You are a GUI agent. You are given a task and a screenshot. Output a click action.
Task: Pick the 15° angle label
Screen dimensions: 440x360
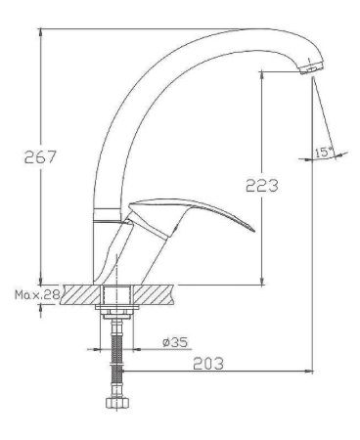tap(324, 151)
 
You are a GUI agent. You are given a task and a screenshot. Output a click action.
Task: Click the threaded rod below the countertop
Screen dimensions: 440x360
tap(115, 362)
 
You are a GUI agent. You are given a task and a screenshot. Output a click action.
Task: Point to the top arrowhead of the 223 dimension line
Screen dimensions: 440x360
tap(262, 75)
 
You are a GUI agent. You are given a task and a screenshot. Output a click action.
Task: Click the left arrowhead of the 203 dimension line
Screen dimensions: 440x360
tap(120, 373)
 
